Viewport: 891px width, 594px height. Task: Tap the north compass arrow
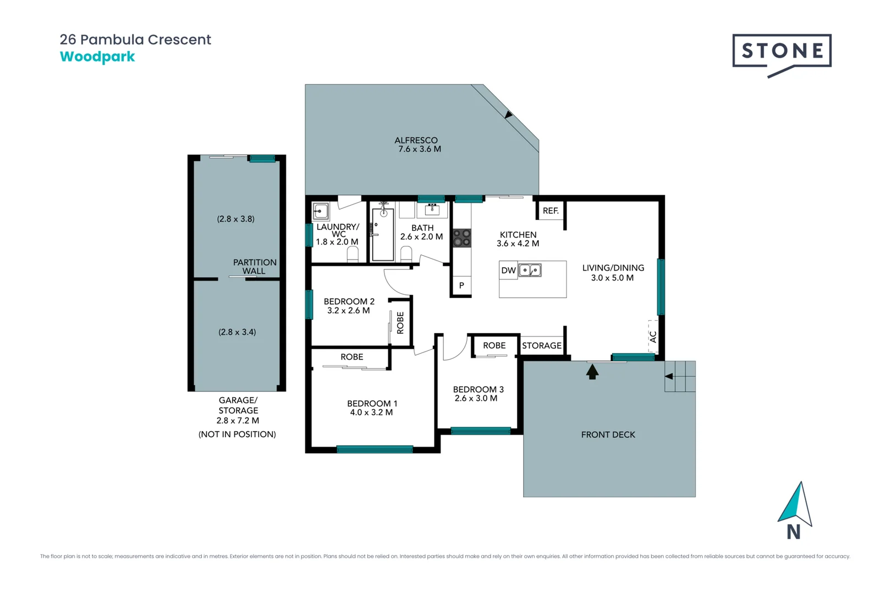click(x=795, y=505)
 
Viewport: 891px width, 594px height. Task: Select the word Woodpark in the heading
click(x=97, y=57)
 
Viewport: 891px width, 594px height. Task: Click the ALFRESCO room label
click(x=416, y=140)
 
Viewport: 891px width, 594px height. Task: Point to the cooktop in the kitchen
click(x=461, y=238)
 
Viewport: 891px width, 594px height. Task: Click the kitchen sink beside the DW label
click(x=530, y=270)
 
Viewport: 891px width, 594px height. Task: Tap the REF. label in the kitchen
click(x=551, y=211)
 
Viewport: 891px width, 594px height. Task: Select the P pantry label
click(x=461, y=285)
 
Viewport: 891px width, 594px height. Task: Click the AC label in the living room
click(x=653, y=337)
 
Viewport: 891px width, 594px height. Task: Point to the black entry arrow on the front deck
click(x=592, y=372)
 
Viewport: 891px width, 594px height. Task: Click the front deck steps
click(x=680, y=376)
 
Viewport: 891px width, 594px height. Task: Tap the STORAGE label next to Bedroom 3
click(x=542, y=345)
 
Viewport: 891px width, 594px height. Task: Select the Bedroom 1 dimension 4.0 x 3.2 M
click(x=371, y=413)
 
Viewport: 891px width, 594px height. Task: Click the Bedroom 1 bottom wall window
click(x=375, y=449)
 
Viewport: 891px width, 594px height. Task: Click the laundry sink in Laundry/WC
click(x=321, y=211)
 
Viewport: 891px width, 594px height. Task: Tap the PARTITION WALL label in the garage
click(x=255, y=267)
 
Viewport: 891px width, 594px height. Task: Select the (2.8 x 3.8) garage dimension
click(x=235, y=219)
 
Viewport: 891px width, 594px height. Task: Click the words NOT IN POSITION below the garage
click(x=237, y=435)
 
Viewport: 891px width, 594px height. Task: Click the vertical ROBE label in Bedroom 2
click(x=400, y=323)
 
